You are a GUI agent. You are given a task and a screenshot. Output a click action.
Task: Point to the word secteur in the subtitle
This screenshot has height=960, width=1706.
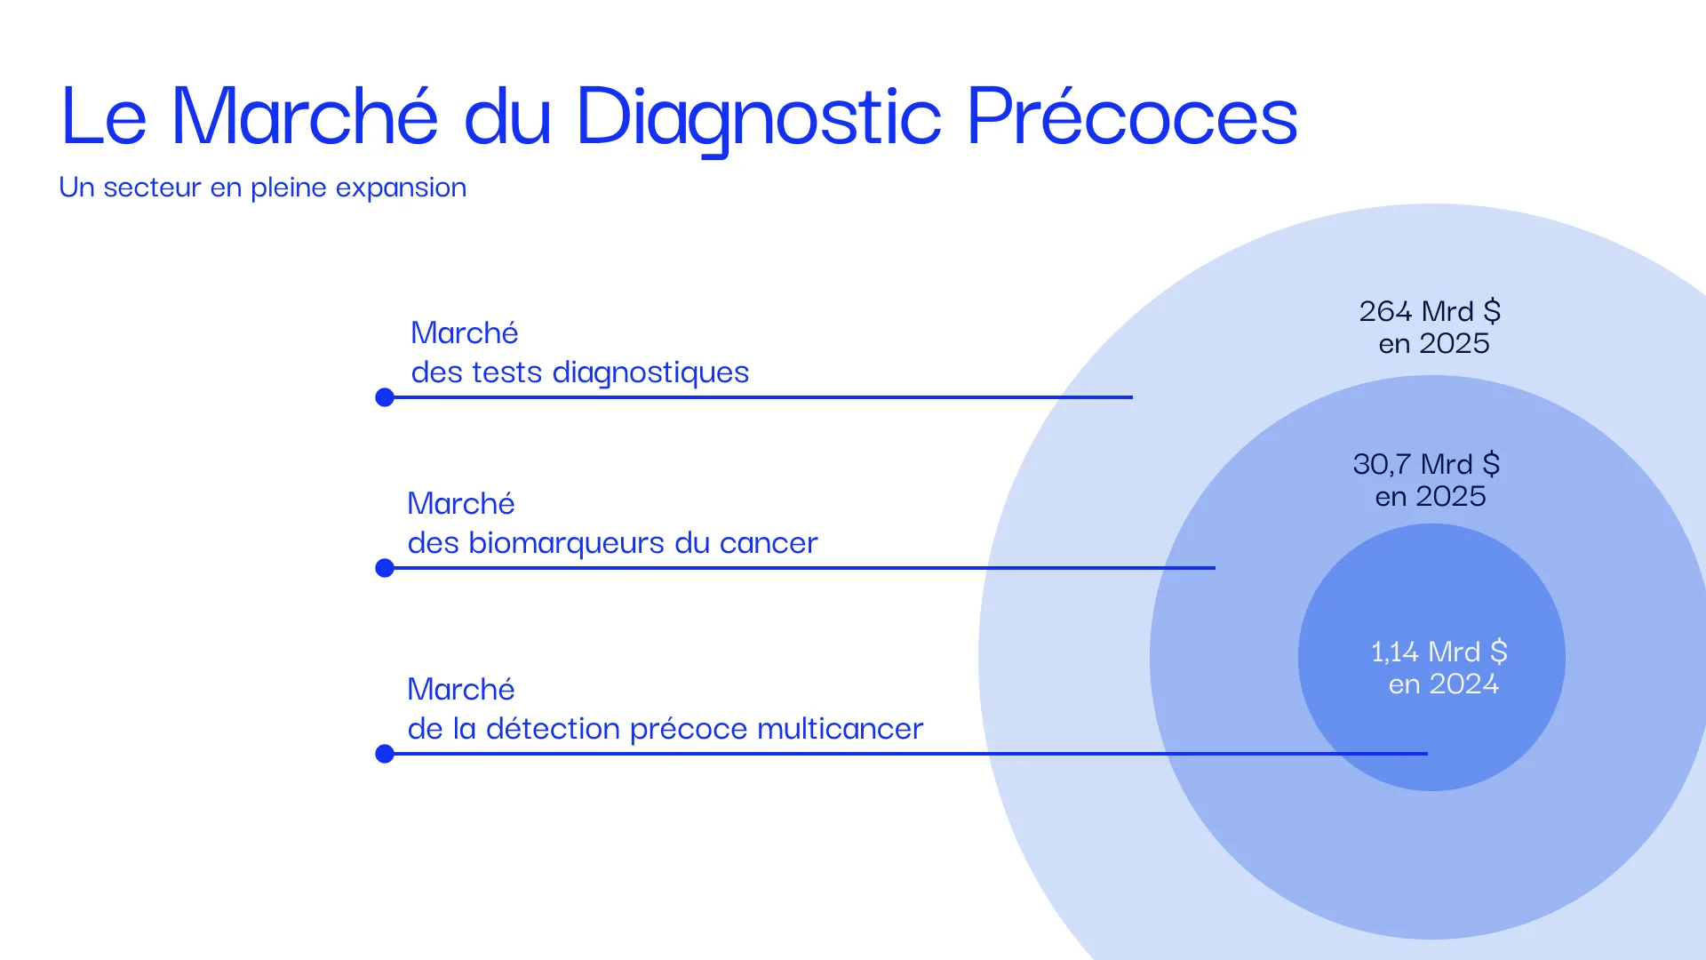coord(152,188)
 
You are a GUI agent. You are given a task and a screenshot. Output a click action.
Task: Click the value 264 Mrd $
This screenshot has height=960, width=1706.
coord(1430,311)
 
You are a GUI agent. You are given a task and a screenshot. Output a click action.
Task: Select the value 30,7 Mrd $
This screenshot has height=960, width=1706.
coord(1426,464)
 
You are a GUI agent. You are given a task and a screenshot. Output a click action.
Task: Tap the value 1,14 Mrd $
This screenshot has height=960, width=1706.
coord(1439,652)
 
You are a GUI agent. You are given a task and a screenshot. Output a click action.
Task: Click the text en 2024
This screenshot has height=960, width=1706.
coord(1444,684)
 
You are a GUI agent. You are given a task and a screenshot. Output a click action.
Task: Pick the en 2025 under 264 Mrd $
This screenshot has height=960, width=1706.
coord(1434,344)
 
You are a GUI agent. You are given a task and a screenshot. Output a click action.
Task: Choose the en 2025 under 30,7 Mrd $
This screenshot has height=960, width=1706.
coord(1431,497)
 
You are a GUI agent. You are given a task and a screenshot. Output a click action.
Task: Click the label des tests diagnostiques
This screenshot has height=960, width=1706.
coord(580,372)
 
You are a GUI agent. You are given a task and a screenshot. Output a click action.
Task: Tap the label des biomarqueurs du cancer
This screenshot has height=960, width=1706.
coord(612,543)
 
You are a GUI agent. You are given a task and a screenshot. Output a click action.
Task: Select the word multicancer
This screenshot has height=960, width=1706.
coord(841,729)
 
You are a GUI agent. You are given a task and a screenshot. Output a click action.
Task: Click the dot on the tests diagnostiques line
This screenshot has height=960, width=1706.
coord(385,397)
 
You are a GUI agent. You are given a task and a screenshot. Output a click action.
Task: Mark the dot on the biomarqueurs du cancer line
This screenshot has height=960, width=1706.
coord(385,568)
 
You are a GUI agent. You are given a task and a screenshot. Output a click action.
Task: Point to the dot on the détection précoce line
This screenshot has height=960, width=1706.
coord(385,754)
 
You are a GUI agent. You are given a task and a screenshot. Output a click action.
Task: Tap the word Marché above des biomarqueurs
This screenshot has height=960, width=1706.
coord(461,504)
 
